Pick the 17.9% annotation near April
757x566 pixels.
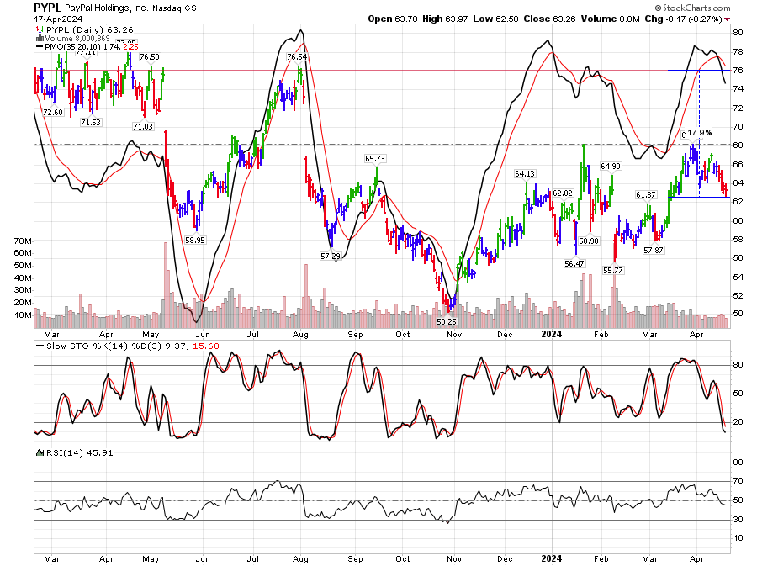pyautogui.click(x=700, y=133)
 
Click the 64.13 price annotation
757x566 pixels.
pyautogui.click(x=525, y=174)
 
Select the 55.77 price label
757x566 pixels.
pyautogui.click(x=614, y=270)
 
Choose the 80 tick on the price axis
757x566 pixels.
pyautogui.click(x=738, y=32)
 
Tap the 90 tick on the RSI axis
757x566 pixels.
pyautogui.click(x=738, y=462)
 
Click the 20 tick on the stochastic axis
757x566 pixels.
pyautogui.click(x=738, y=422)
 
